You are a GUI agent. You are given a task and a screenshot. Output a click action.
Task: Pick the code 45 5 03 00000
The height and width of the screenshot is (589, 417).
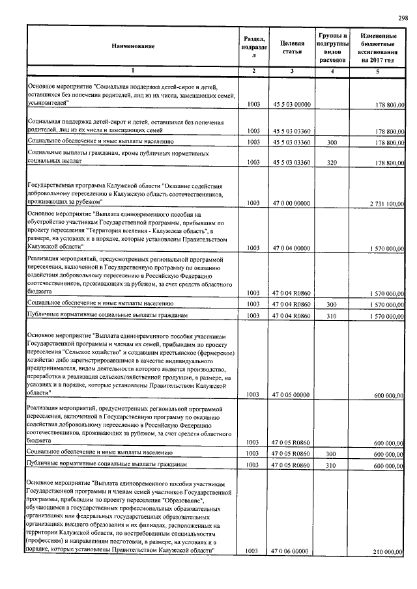click(292, 104)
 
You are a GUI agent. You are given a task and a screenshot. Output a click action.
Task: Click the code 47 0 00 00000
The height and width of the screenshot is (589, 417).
click(292, 203)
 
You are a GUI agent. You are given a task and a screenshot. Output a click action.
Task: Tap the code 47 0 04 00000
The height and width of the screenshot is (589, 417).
click(292, 248)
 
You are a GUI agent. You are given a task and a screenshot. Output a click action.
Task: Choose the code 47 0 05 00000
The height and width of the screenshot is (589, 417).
click(292, 394)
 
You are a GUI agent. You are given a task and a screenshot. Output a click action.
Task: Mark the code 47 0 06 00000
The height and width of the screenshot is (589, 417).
click(292, 551)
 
